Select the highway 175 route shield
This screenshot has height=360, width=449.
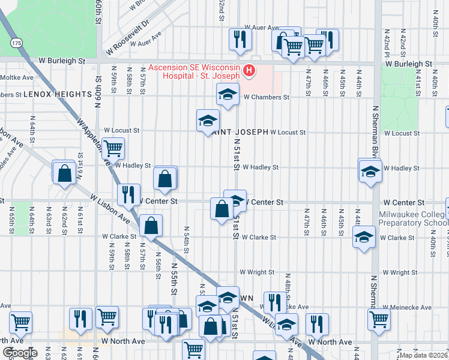pyautogui.click(x=16, y=43)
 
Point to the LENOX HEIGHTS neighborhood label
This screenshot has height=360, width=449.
pyautogui.click(x=59, y=95)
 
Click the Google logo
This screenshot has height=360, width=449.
pyautogui.click(x=20, y=352)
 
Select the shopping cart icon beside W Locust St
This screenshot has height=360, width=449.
pyautogui.click(x=112, y=148)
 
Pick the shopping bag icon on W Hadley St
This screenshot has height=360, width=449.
pyautogui.click(x=164, y=178)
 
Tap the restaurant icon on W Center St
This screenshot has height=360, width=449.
pyautogui.click(x=127, y=194)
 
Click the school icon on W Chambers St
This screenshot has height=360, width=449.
pyautogui.click(x=228, y=95)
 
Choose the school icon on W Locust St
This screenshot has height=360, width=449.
pyautogui.click(x=206, y=121)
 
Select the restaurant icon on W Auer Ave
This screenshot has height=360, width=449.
pyautogui.click(x=239, y=40)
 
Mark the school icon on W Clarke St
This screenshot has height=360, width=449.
pyautogui.click(x=364, y=238)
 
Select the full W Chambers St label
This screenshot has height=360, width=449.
pyautogui.click(x=267, y=97)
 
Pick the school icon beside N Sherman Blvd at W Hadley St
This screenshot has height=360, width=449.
pyautogui.click(x=370, y=171)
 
